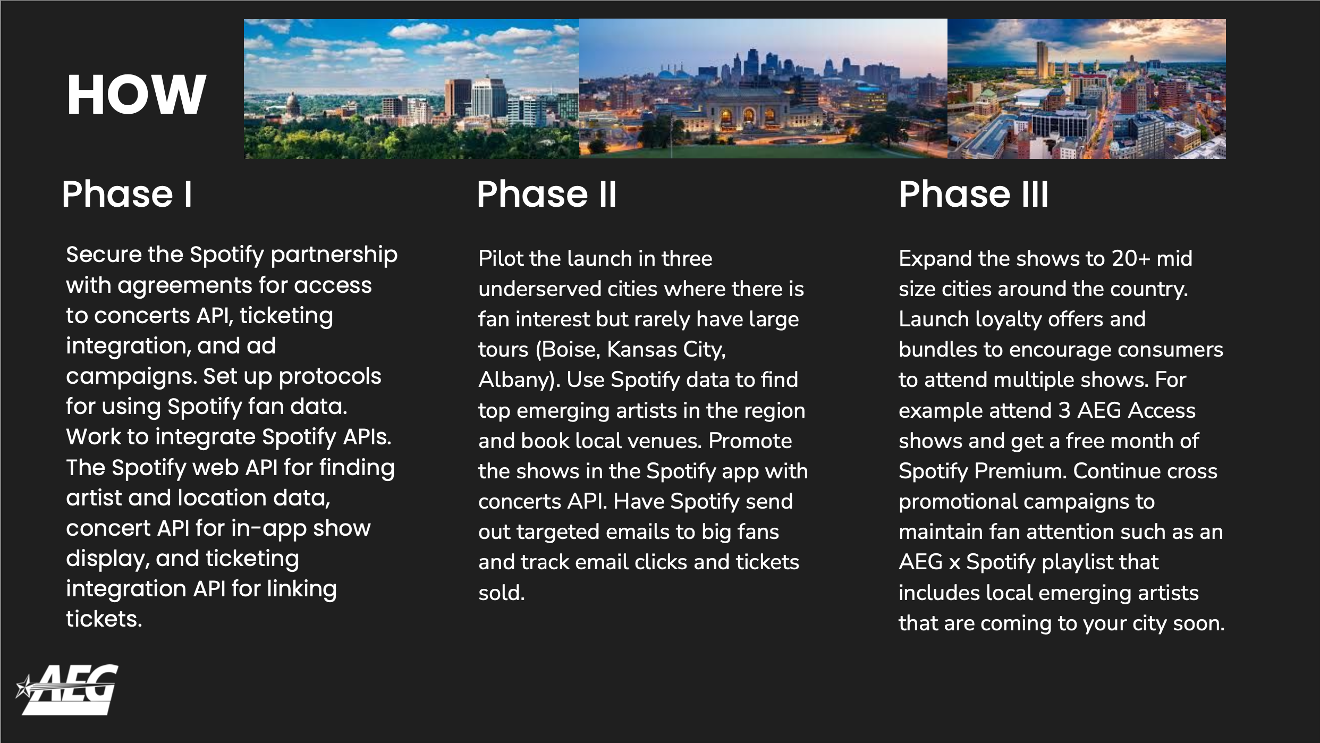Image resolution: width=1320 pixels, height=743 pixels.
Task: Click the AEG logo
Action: [67, 689]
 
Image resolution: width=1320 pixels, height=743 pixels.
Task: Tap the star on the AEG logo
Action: [24, 686]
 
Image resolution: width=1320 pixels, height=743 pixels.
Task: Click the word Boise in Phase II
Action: [571, 350]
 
